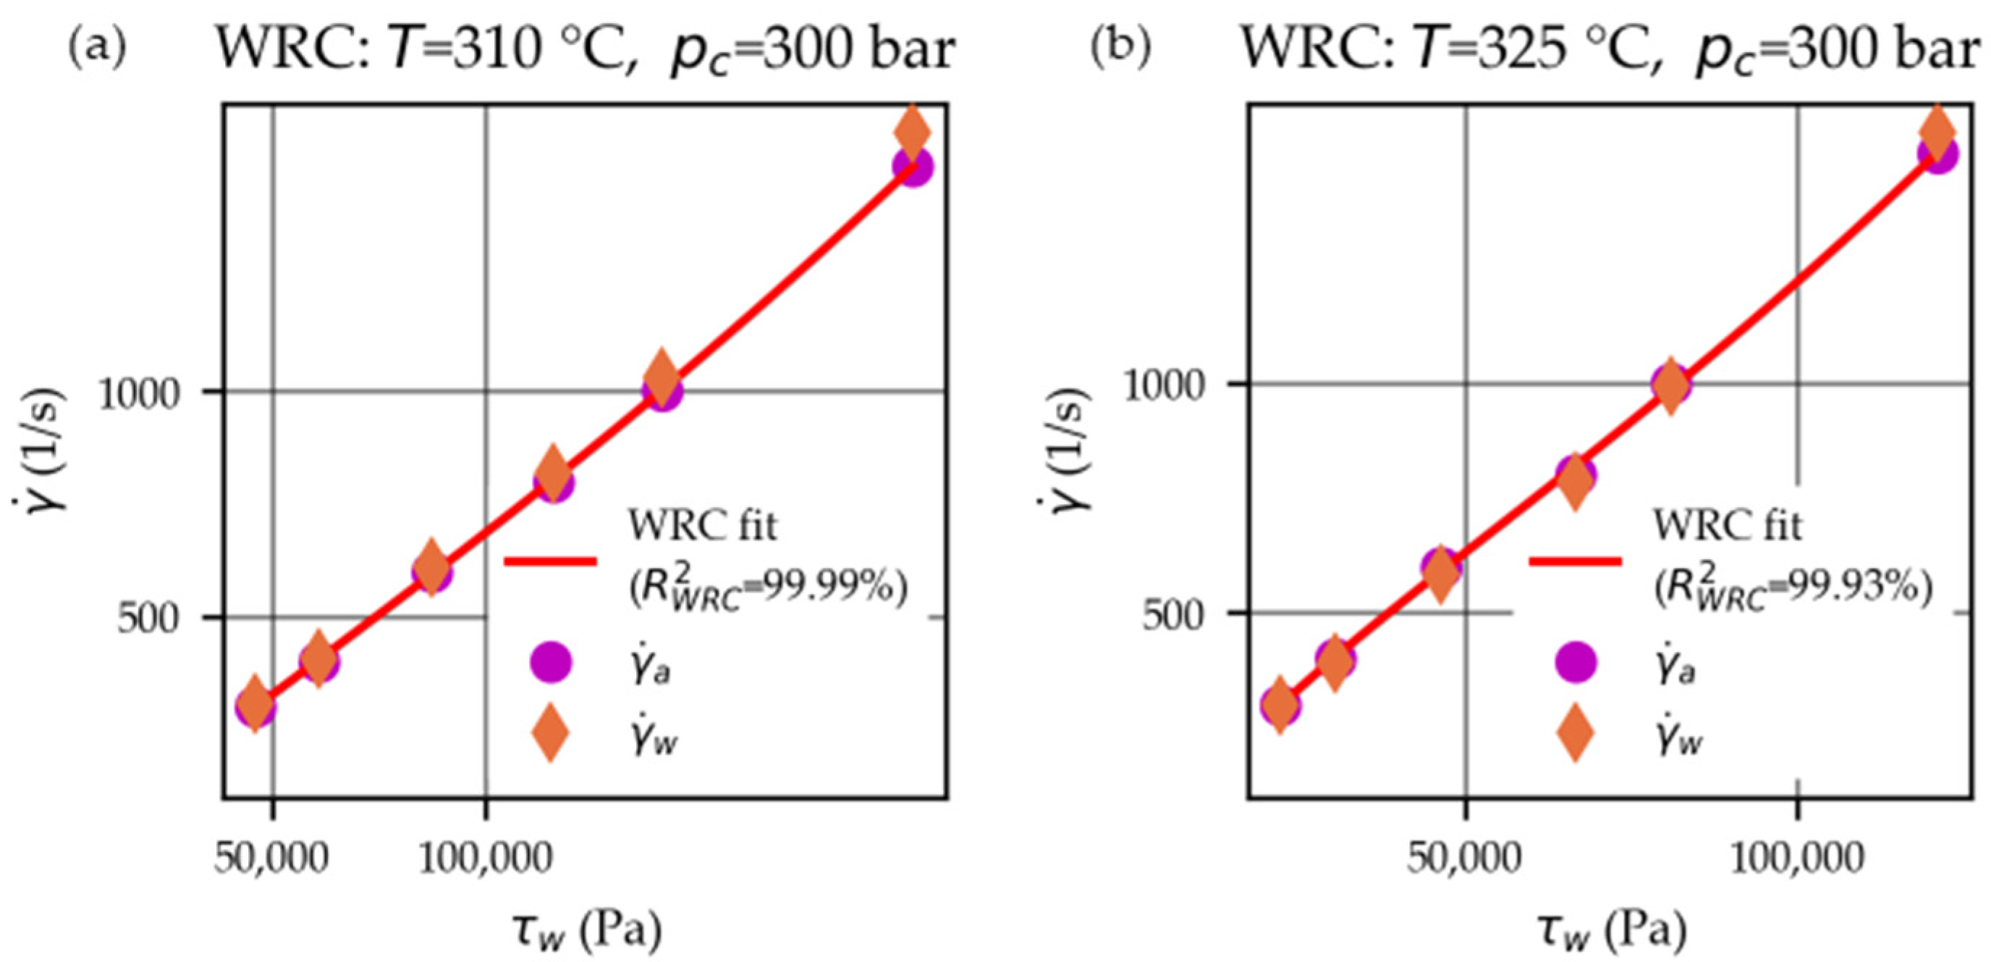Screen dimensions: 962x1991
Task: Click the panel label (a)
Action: pyautogui.click(x=98, y=48)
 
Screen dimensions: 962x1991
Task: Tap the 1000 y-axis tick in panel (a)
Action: pyautogui.click(x=138, y=393)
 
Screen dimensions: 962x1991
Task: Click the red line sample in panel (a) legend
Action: pyautogui.click(x=549, y=561)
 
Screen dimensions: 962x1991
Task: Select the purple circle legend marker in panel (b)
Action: pyautogui.click(x=1576, y=663)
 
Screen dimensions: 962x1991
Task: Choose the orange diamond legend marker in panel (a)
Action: pyautogui.click(x=550, y=734)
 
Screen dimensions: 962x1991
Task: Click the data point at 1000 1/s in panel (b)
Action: pyautogui.click(x=1671, y=385)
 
